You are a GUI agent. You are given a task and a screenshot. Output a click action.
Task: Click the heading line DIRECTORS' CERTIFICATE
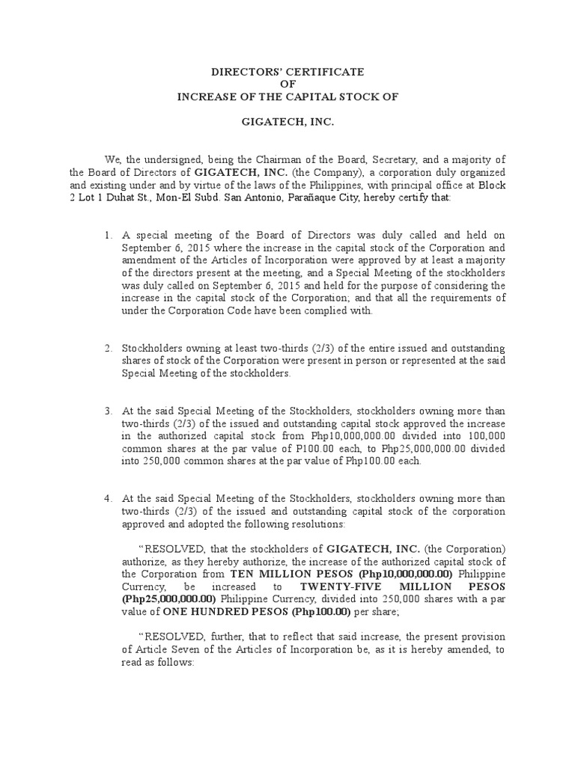tap(287, 72)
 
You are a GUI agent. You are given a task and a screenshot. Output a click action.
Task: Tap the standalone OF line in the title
tap(287, 84)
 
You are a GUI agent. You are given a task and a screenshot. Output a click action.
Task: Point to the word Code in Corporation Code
tap(248, 310)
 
